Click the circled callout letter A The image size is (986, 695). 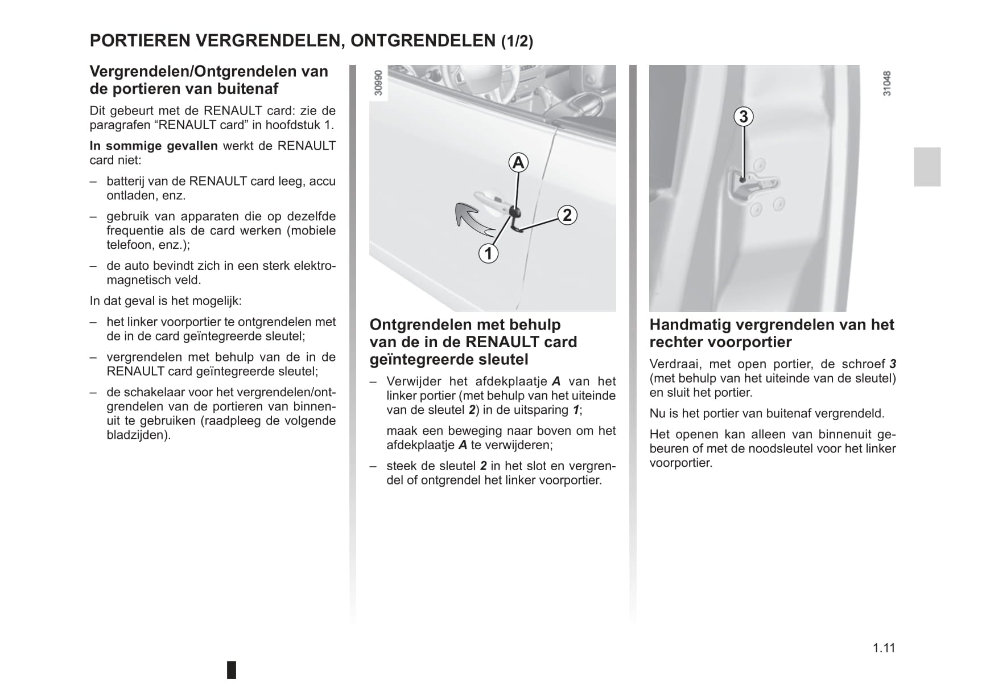[x=518, y=163]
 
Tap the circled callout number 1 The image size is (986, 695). [x=488, y=253]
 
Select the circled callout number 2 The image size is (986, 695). [x=567, y=215]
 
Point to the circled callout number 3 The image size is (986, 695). [x=743, y=117]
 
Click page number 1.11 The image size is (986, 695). [x=884, y=648]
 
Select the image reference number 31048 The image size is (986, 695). [x=886, y=84]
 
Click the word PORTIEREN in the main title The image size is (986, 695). [x=140, y=41]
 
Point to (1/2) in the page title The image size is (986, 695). [x=517, y=42]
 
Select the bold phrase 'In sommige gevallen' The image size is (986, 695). [x=154, y=146]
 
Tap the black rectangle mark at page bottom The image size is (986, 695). [x=232, y=670]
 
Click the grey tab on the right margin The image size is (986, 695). [x=927, y=167]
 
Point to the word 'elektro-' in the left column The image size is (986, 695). [x=311, y=266]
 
